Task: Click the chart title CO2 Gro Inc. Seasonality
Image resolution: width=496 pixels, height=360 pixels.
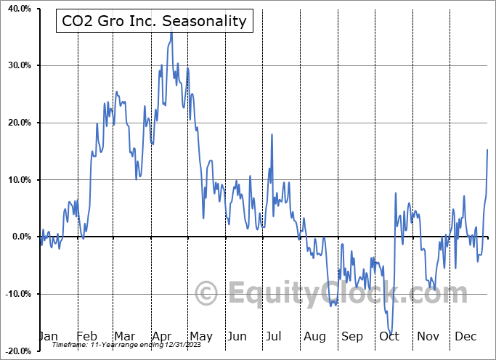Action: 154,21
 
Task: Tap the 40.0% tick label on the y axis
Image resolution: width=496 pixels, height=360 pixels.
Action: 20,9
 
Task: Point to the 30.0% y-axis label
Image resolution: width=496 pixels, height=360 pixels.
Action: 20,65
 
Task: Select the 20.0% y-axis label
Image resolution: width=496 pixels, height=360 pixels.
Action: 20,123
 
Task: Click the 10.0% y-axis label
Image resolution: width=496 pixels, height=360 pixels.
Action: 20,180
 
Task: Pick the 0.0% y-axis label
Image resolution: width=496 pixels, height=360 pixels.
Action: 22,237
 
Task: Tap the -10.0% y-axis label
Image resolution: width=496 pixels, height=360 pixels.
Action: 18,294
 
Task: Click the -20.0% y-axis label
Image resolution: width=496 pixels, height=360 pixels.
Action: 18,351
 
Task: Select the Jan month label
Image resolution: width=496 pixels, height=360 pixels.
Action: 49,336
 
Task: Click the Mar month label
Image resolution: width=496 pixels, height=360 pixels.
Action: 125,336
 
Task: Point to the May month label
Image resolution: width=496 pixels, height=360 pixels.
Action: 201,337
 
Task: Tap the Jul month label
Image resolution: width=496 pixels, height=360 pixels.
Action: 273,336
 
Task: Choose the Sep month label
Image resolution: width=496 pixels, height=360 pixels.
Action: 351,337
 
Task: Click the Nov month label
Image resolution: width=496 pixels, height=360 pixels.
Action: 428,336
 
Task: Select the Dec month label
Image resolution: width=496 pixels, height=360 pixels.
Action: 465,336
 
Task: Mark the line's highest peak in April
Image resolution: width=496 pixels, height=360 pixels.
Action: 171,28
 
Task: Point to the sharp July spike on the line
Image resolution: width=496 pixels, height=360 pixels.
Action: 272,135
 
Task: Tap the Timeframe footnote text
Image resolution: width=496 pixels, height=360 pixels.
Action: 126,345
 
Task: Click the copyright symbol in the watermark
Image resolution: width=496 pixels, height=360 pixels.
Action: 206,293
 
